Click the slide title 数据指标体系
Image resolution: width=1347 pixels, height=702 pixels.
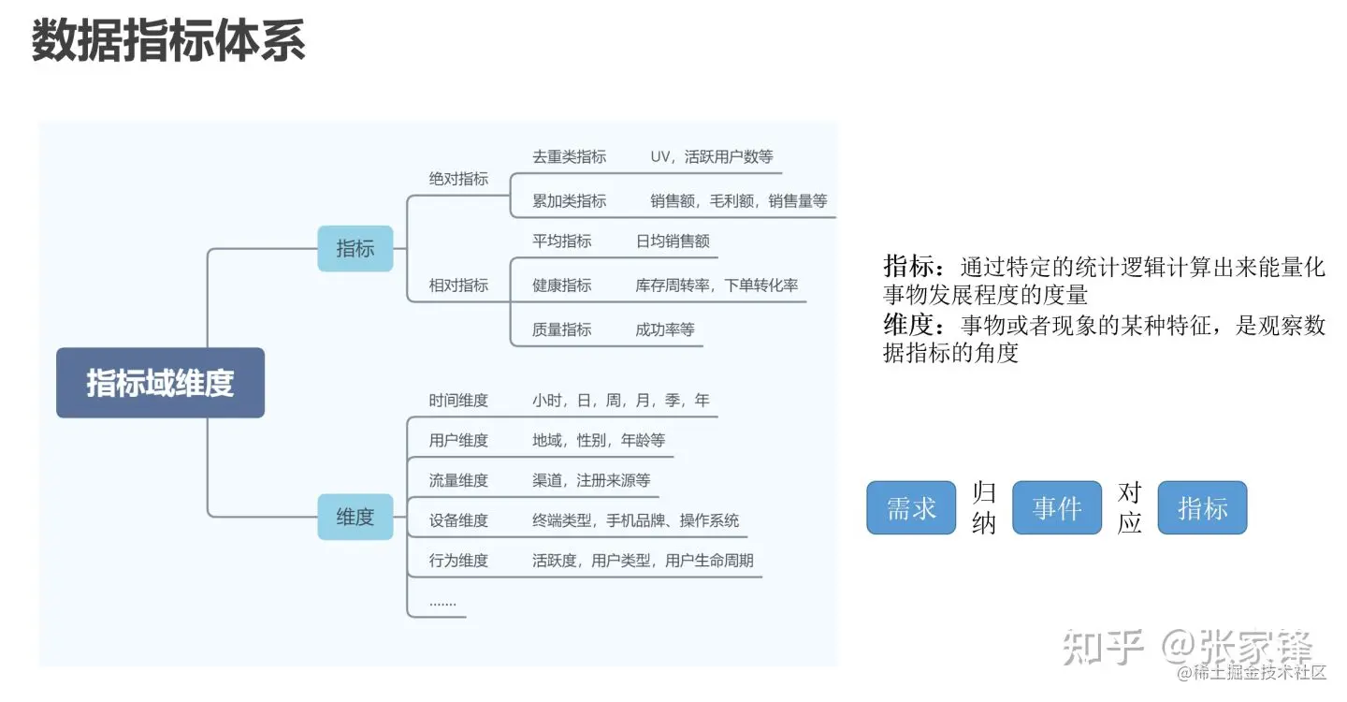(168, 42)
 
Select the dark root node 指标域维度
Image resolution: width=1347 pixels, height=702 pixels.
(160, 383)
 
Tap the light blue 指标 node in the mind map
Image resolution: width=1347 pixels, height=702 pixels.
(355, 249)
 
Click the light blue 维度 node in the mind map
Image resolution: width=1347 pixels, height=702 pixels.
(355, 517)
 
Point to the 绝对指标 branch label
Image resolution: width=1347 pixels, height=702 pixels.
(458, 179)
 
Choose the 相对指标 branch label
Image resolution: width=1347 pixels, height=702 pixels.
(458, 285)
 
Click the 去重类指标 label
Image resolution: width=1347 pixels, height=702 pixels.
(569, 157)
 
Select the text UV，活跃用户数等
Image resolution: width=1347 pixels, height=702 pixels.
(712, 157)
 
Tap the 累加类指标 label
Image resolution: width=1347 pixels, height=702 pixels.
(569, 201)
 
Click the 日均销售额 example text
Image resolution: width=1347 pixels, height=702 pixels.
(673, 241)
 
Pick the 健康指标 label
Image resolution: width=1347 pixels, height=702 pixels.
(561, 285)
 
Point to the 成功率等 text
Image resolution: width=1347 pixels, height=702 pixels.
(665, 329)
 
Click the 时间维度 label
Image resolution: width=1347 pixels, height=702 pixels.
(458, 401)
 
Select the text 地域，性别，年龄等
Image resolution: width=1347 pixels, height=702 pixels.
(599, 440)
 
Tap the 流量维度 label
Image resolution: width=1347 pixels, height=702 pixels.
(458, 480)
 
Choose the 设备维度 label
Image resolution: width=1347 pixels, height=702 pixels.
(458, 520)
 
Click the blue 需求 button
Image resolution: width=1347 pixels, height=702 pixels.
(911, 508)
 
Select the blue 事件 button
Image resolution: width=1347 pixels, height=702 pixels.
(1057, 508)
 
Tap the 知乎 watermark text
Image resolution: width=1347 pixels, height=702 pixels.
(1105, 647)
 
